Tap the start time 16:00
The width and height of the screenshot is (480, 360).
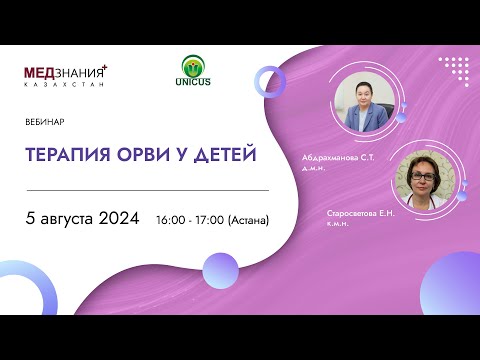[x=172, y=219]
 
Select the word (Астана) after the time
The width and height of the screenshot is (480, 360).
[x=252, y=219]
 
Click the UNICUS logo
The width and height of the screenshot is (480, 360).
[x=193, y=72]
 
